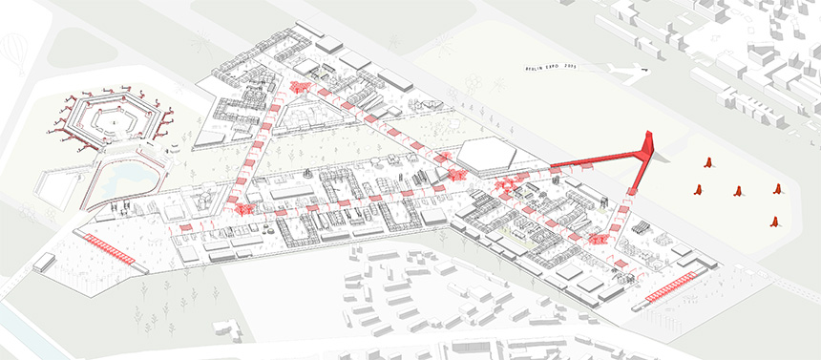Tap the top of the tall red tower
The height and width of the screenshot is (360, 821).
click(x=648, y=137)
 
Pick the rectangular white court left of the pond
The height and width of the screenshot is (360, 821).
click(x=53, y=186)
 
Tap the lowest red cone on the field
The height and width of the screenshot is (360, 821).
click(x=774, y=222)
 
